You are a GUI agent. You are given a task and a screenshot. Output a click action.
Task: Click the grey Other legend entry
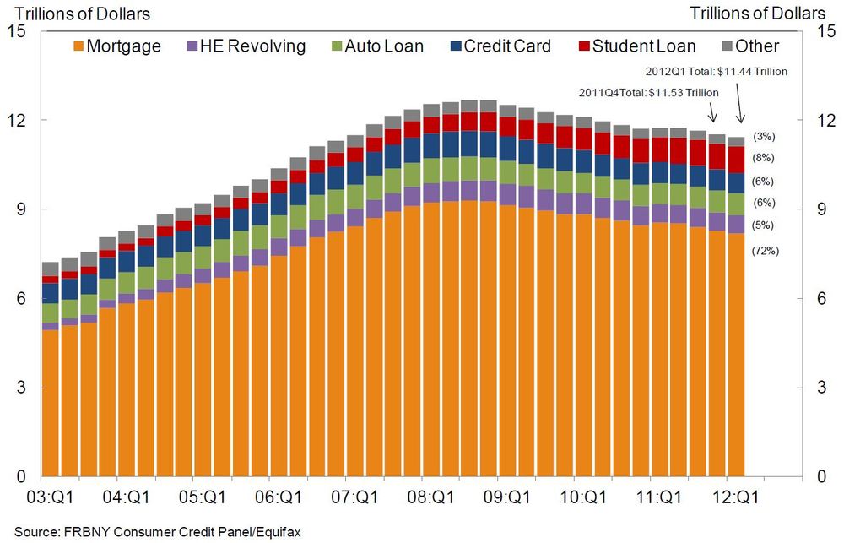tap(748, 46)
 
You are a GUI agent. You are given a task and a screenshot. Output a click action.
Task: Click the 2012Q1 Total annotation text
tap(716, 72)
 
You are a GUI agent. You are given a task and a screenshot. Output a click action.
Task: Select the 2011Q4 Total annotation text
tap(648, 92)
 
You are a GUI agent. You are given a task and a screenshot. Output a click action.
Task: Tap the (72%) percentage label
tap(766, 250)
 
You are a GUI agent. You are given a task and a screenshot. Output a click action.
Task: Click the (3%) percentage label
tap(763, 136)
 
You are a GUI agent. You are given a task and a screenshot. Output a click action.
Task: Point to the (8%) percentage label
tap(763, 158)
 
